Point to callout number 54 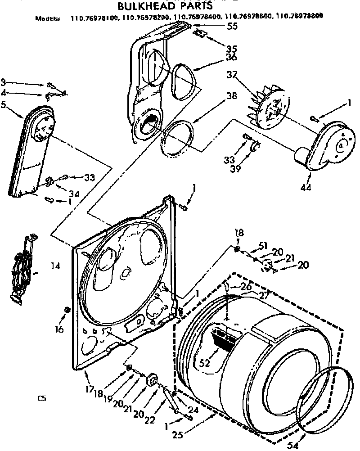pos(293,446)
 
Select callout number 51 pos(263,245)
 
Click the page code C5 pos(42,398)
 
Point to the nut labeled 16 pos(67,310)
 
